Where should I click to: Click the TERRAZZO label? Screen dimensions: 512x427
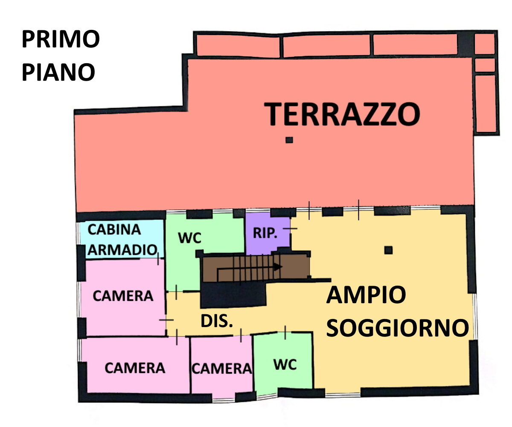[342, 114]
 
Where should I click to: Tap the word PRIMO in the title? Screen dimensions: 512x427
[61, 39]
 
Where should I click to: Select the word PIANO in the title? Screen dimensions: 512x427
[58, 72]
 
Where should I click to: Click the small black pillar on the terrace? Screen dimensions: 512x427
[289, 140]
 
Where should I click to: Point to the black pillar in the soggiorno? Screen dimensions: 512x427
[388, 250]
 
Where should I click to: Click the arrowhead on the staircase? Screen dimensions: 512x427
[278, 267]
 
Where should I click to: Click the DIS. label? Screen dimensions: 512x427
[216, 321]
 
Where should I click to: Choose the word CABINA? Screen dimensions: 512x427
[114, 230]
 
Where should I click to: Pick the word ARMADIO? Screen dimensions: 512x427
[122, 250]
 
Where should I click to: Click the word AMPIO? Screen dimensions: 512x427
[366, 295]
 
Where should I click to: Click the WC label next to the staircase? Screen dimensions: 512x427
[189, 238]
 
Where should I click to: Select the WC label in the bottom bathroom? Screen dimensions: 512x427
[285, 365]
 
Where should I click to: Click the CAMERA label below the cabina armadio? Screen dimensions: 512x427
[123, 296]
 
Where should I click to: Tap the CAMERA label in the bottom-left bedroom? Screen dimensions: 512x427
[135, 368]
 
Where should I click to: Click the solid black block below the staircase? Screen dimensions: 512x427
[233, 295]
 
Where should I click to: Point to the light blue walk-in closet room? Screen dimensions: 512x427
[122, 239]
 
